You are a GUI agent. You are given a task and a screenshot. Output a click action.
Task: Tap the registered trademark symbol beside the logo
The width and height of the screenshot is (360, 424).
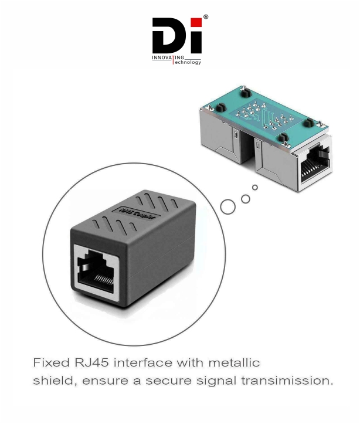coord(205,18)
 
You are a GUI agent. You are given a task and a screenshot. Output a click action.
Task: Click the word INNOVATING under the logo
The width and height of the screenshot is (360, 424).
coord(166,57)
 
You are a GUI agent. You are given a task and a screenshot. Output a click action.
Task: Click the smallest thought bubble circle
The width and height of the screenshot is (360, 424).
coord(254,188)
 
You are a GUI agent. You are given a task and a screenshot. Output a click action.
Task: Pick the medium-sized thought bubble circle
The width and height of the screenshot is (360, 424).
coord(245,198)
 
